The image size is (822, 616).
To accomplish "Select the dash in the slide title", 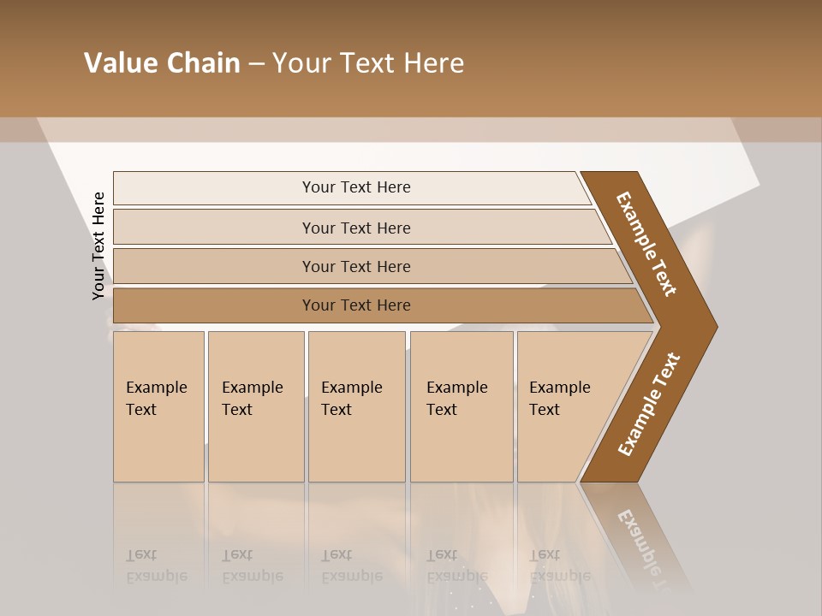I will click(x=256, y=64).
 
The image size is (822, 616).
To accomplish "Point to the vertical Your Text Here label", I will click(x=98, y=246).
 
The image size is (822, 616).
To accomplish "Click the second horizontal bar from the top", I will click(x=355, y=228).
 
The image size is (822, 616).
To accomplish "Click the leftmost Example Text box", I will click(x=158, y=406).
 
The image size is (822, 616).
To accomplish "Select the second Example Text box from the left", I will click(x=255, y=406).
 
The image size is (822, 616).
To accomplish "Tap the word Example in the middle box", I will click(x=351, y=388).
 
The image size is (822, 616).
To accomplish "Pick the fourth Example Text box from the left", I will click(x=462, y=406).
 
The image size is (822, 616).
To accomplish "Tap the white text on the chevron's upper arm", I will click(x=646, y=244).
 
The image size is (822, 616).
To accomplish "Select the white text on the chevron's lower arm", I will click(x=648, y=405).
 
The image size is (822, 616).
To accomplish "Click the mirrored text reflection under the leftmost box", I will click(x=156, y=566).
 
